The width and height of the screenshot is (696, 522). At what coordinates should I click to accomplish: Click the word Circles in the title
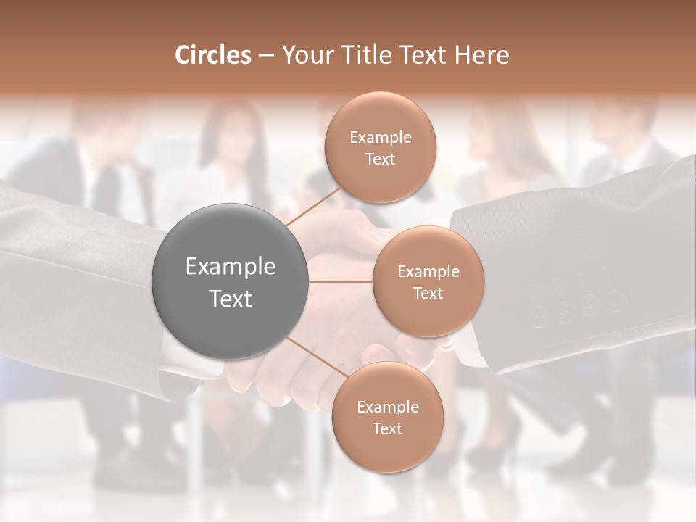(x=212, y=55)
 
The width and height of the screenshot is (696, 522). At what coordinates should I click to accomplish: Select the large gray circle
(x=230, y=281)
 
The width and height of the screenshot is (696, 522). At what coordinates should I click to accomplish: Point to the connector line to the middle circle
(x=340, y=281)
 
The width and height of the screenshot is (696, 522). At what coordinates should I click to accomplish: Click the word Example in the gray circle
(x=231, y=267)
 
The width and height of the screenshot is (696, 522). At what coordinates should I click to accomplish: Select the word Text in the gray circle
(x=231, y=299)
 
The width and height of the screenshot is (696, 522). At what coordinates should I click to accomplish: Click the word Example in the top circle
(x=381, y=138)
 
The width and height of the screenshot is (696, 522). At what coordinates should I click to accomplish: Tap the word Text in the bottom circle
(x=387, y=428)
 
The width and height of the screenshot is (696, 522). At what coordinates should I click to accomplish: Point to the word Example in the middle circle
(x=428, y=272)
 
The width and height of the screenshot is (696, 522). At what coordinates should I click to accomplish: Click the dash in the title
(x=266, y=55)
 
